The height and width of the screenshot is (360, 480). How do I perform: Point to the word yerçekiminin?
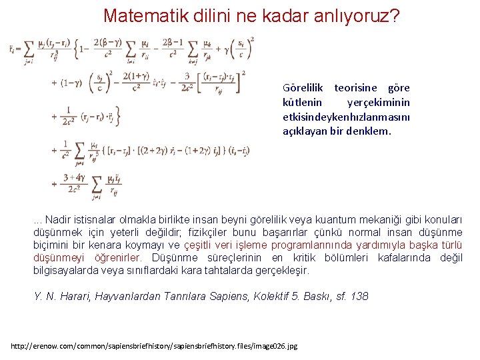[379, 102]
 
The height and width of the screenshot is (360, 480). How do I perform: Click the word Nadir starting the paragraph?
[59, 221]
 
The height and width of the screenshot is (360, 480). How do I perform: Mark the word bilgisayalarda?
[65, 271]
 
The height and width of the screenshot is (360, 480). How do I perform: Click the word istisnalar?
[97, 221]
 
